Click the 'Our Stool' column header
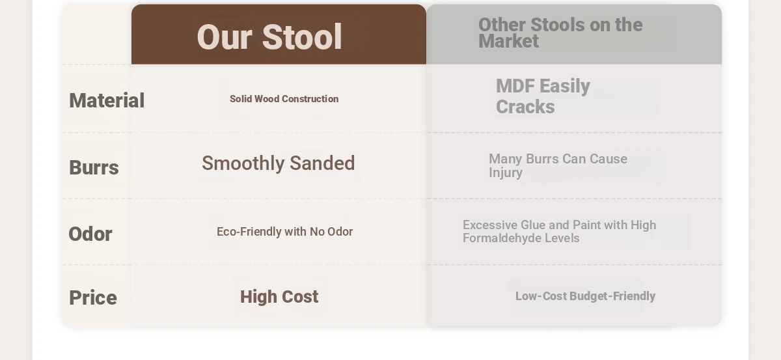click(269, 37)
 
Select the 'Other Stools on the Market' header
click(560, 33)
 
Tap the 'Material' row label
click(107, 100)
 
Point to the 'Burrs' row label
click(94, 167)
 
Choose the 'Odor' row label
click(90, 234)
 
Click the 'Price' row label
click(92, 298)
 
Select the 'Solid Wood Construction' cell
click(284, 99)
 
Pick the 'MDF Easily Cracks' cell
click(543, 96)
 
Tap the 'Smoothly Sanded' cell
click(279, 163)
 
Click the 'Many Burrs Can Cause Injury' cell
click(558, 166)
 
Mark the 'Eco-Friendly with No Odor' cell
click(284, 232)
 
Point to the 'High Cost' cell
click(279, 297)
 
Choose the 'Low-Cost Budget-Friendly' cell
click(585, 296)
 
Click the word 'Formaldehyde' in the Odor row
click(501, 238)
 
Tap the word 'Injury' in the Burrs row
click(506, 173)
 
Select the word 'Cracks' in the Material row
click(525, 107)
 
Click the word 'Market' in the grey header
click(508, 41)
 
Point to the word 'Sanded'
click(322, 163)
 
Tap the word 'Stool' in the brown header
click(301, 37)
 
